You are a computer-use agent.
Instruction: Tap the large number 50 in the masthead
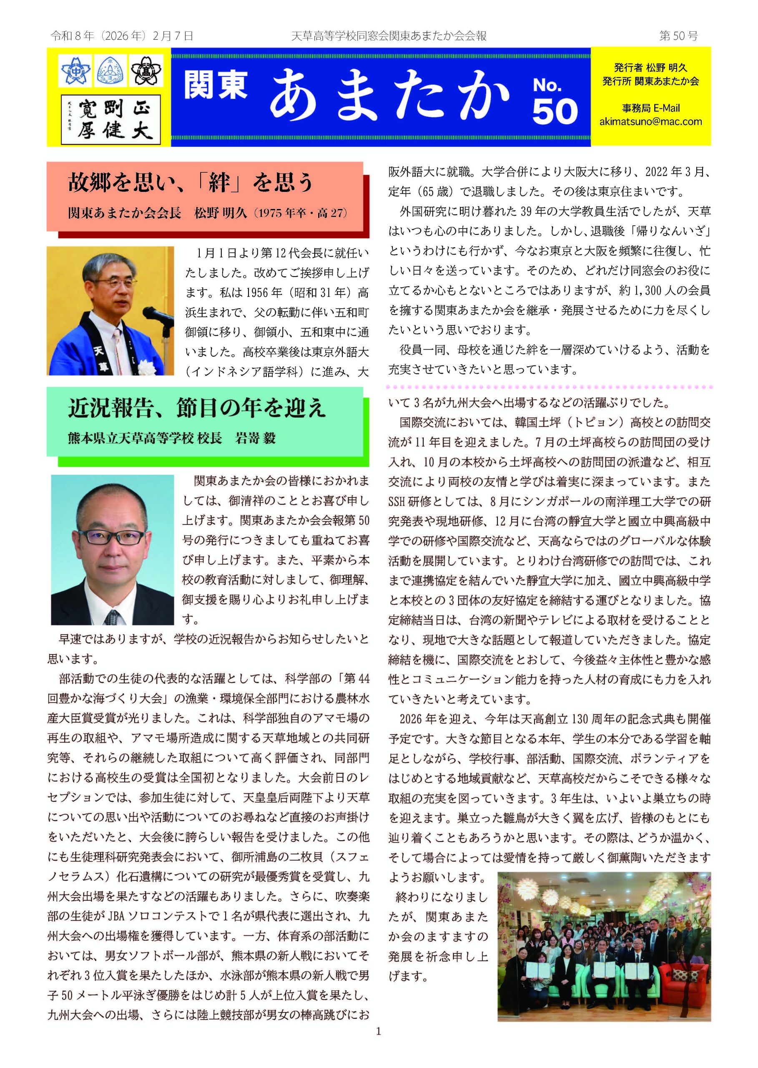coord(555,113)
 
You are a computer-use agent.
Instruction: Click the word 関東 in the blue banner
coord(215,85)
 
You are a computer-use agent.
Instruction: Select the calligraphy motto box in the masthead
coord(111,120)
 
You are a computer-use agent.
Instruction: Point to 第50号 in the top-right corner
coord(678,36)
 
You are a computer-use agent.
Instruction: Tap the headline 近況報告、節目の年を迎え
coord(196,408)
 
